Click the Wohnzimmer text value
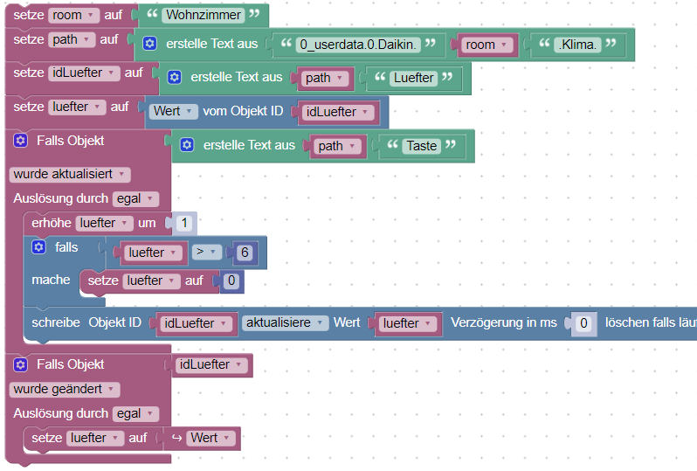pos(200,15)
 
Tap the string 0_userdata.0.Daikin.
pos(357,45)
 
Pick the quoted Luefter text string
pos(413,78)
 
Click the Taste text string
pos(421,146)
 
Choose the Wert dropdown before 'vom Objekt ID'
pos(171,111)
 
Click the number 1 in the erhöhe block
pos(183,223)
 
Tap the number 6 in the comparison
pos(243,253)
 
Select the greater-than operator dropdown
pos(206,253)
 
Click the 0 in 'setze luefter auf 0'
pos(231,281)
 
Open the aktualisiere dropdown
pos(285,322)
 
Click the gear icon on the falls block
pos(38,247)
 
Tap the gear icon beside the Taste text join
pos(187,146)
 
